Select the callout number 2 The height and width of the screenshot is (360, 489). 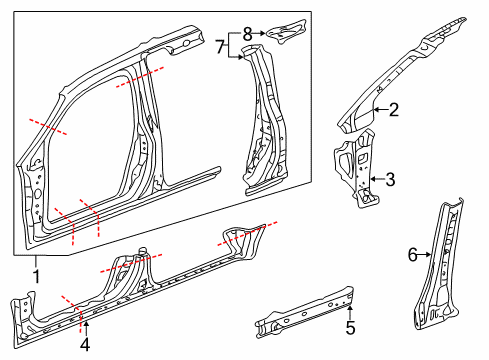(394, 111)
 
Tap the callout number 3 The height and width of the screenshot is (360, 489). (390, 180)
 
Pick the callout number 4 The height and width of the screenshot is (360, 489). (85, 345)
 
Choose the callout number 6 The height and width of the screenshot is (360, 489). (411, 255)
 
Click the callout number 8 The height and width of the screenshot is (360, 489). (248, 34)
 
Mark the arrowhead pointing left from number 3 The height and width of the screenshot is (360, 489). (371, 180)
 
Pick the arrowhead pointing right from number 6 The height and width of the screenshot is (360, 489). (431, 255)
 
